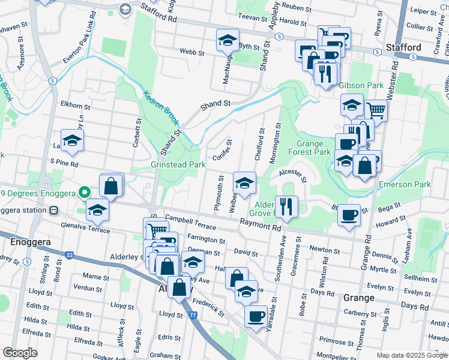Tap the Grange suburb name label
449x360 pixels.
tap(359, 298)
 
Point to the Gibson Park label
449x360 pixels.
tap(361, 86)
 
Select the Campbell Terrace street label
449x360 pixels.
tap(190, 221)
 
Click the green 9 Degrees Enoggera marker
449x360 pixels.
tap(85, 193)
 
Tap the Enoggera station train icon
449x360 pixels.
tap(54, 210)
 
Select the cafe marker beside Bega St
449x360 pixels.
tap(349, 214)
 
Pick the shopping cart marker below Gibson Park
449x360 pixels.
tap(376, 109)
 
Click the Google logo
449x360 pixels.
tap(20, 352)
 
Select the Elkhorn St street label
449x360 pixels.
tap(75, 107)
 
